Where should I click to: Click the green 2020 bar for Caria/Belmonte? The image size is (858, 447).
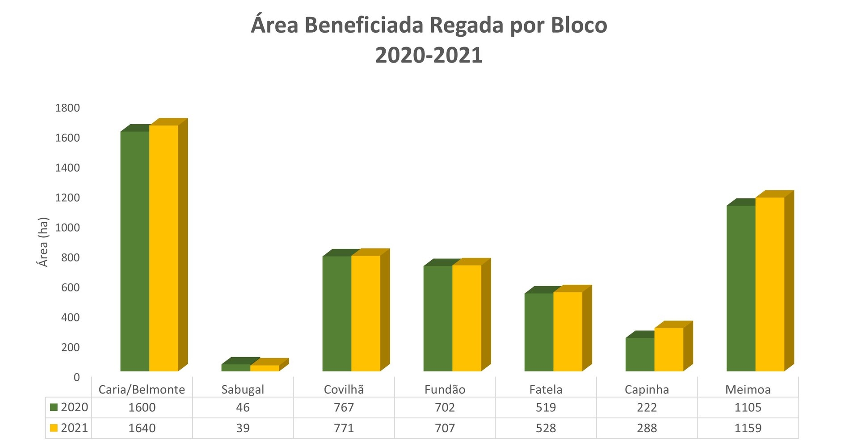(135, 250)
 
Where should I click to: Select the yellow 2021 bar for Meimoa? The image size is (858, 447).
(770, 284)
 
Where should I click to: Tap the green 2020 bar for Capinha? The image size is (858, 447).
(640, 354)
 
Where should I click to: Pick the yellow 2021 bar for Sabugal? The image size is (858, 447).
(265, 368)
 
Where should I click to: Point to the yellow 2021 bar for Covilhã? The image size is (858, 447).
(366, 313)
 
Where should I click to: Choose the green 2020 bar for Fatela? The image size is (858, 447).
(539, 332)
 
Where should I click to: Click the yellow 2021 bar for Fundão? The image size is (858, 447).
(467, 318)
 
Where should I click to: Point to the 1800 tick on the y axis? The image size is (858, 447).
(67, 108)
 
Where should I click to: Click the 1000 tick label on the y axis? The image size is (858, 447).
(67, 228)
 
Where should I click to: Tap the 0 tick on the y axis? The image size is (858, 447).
(77, 378)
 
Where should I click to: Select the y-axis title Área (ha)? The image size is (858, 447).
(43, 242)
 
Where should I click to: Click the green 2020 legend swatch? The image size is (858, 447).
(54, 407)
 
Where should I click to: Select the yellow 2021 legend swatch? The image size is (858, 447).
(54, 428)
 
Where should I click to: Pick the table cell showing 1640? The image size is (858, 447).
(142, 428)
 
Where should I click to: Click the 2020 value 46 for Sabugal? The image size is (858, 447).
(243, 408)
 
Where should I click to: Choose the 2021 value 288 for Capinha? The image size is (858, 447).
(647, 428)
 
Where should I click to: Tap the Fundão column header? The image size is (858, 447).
(445, 390)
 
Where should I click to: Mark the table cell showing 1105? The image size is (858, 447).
(748, 408)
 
